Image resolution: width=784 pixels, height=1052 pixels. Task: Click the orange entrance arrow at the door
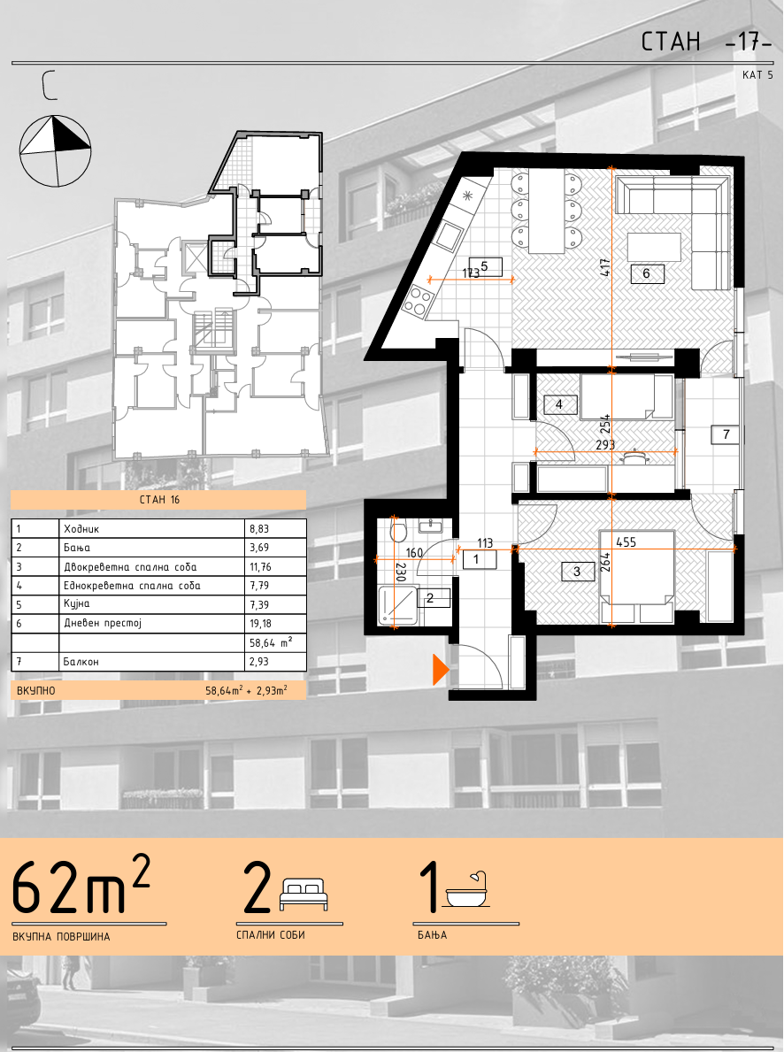pyautogui.click(x=441, y=669)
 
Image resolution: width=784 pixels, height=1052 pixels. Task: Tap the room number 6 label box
pyautogui.click(x=646, y=273)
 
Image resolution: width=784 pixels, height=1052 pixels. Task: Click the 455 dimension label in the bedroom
pyautogui.click(x=626, y=542)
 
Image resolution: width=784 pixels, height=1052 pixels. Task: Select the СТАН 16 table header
pyautogui.click(x=159, y=500)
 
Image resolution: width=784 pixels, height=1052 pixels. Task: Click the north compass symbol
pyautogui.click(x=55, y=150)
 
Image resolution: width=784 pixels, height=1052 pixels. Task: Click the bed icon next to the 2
pyautogui.click(x=304, y=895)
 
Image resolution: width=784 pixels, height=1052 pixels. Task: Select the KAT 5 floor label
pyautogui.click(x=757, y=75)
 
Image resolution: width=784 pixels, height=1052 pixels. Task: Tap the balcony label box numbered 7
pyautogui.click(x=726, y=434)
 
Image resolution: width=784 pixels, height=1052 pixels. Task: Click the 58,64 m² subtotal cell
pyautogui.click(x=274, y=642)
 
